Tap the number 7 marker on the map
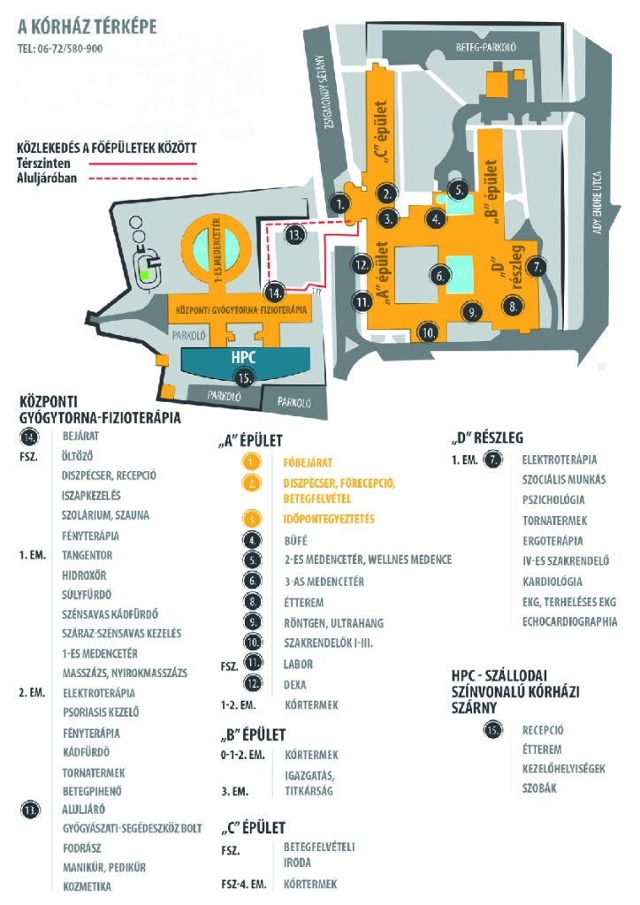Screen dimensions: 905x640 point(536,265)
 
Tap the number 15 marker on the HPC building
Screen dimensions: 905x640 point(244,376)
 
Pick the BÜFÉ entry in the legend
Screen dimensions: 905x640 point(298,539)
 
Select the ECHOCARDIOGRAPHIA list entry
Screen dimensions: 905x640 point(569,621)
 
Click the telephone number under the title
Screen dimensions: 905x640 point(59,49)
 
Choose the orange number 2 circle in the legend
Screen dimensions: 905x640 point(254,483)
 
